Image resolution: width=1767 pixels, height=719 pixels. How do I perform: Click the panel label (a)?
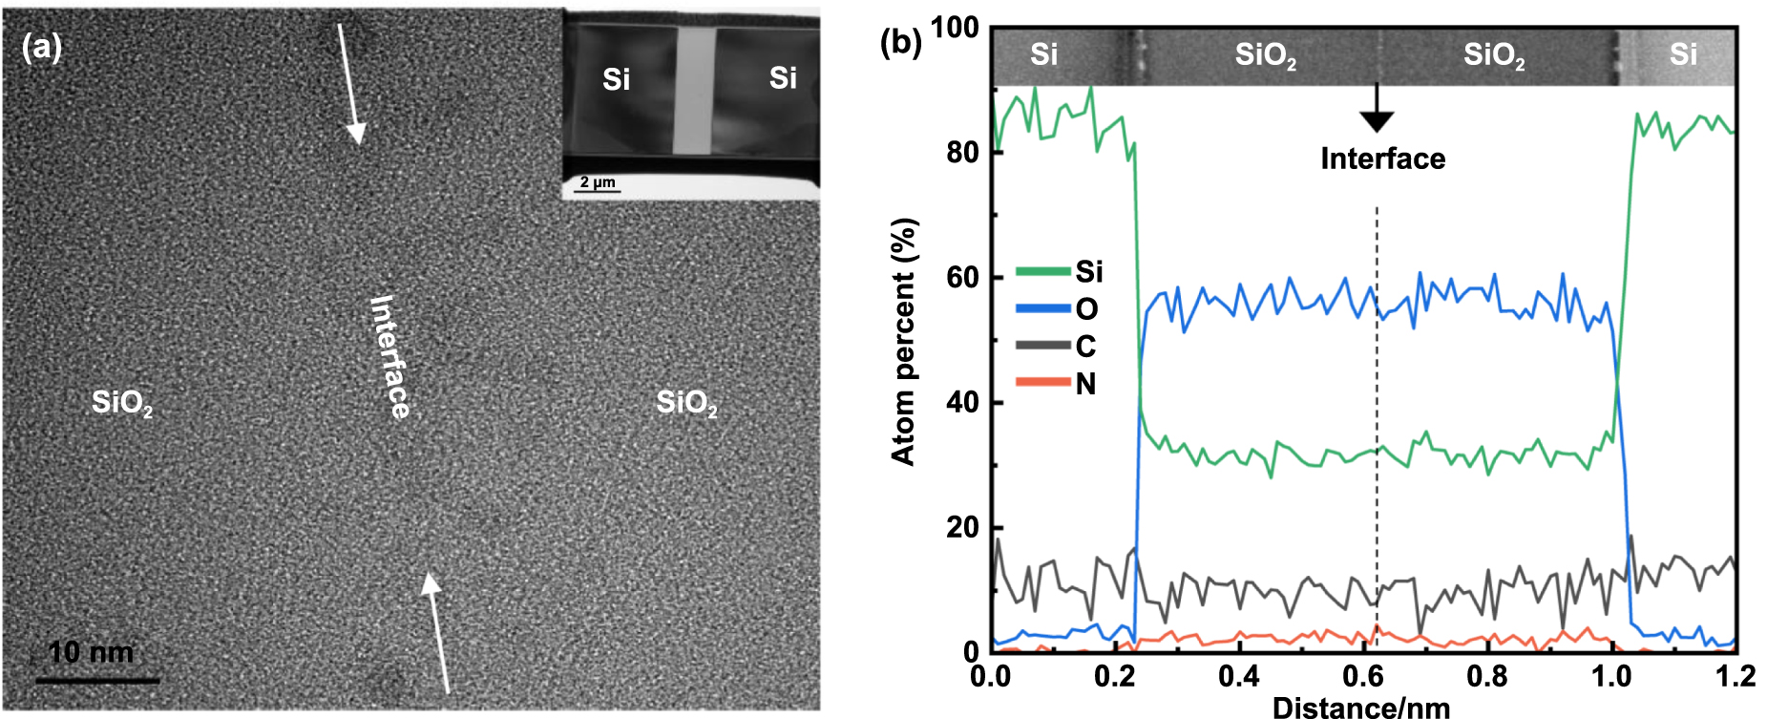[x=42, y=47]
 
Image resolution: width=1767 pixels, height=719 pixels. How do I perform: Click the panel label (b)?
[x=900, y=42]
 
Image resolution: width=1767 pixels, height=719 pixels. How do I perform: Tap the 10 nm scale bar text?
[x=91, y=652]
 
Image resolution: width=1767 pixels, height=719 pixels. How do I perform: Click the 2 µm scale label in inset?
[x=598, y=182]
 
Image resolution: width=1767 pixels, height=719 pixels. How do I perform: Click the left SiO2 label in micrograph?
[x=121, y=403]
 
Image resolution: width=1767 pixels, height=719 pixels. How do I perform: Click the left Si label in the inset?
[x=616, y=79]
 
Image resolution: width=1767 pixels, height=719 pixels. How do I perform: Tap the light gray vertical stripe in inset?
[x=694, y=91]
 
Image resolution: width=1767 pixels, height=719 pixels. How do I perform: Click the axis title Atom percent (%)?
[x=903, y=341]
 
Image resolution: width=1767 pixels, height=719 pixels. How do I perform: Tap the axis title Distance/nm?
[x=1361, y=708]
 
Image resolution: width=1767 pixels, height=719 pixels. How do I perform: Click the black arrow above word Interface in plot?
[x=1377, y=108]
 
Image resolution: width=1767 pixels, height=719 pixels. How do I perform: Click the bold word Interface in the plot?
[x=1382, y=159]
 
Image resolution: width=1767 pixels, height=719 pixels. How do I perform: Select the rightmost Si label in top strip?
[x=1682, y=54]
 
